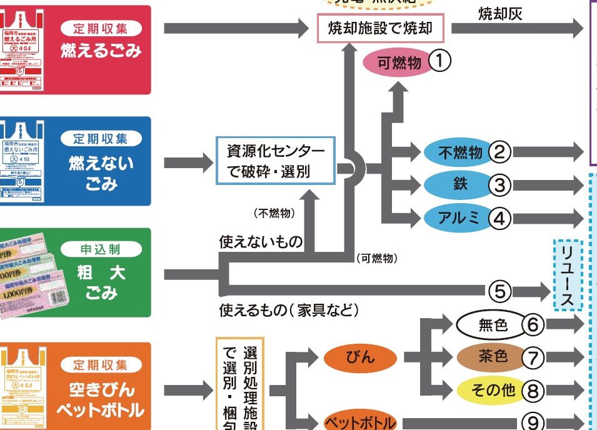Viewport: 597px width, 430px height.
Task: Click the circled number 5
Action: (x=500, y=290)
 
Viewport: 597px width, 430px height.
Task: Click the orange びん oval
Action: (x=361, y=357)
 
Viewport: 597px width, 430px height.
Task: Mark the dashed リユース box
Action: (x=568, y=276)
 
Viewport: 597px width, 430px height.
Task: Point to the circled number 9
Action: (x=536, y=422)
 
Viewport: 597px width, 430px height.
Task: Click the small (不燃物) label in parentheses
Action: (x=274, y=214)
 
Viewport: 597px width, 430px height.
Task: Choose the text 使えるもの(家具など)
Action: (x=289, y=309)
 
